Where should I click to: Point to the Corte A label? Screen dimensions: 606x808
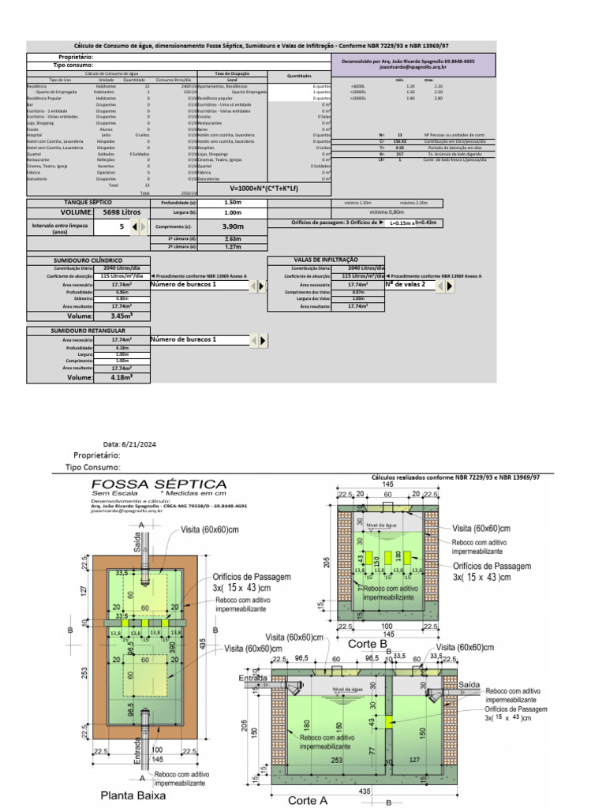[x=308, y=799]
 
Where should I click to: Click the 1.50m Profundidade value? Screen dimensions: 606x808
[x=233, y=203]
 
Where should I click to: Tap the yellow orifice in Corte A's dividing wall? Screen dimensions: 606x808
[x=389, y=722]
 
